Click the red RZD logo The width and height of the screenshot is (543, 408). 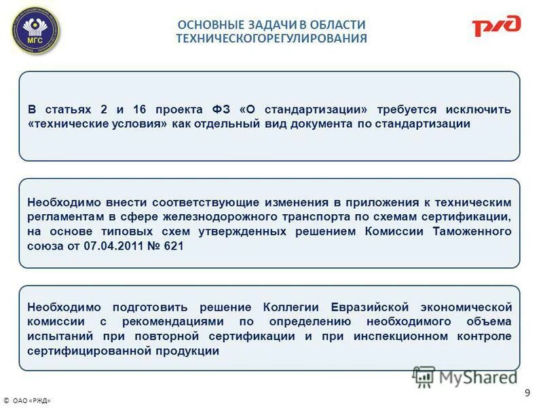pyautogui.click(x=496, y=26)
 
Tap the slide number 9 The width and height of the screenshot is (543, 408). pyautogui.click(x=527, y=392)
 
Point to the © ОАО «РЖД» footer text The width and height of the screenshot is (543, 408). pyautogui.click(x=27, y=401)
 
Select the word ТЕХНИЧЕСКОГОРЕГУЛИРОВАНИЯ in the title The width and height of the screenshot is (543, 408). pyautogui.click(x=271, y=39)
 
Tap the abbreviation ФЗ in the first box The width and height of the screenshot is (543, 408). pyautogui.click(x=220, y=109)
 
